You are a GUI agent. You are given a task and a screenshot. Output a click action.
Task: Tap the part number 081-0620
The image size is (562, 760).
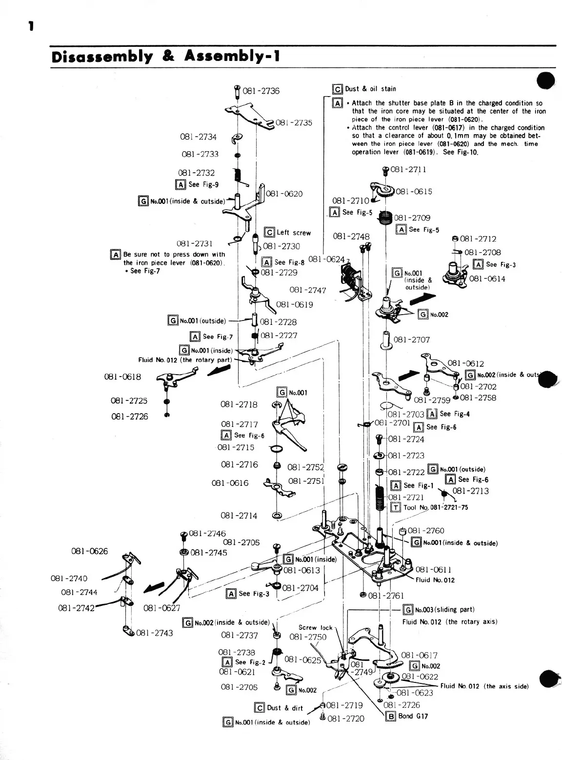[x=284, y=194]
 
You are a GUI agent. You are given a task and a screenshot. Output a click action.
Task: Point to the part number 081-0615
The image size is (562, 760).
[x=414, y=192]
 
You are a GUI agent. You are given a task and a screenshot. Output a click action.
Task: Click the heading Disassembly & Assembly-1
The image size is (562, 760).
[x=165, y=57]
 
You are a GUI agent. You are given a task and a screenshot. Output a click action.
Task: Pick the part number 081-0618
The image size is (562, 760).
[x=122, y=377]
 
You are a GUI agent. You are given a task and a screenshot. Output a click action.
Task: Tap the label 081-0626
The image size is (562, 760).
[x=89, y=551]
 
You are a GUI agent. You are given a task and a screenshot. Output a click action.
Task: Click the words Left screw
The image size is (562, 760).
[x=293, y=233]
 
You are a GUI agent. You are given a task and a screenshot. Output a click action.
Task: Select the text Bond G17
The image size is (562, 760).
[x=413, y=716]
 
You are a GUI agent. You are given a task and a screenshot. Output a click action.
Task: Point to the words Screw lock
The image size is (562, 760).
[x=315, y=627]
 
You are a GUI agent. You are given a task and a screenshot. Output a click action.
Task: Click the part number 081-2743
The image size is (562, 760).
[x=155, y=633]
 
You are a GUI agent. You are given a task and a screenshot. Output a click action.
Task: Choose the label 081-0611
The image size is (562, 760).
[x=433, y=569]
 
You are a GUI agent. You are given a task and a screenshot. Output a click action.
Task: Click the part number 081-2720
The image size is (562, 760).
[x=346, y=719]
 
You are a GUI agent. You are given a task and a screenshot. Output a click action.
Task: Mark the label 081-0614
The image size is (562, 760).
[x=487, y=279]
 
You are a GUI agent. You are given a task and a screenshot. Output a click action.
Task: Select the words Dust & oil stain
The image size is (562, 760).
[x=370, y=89]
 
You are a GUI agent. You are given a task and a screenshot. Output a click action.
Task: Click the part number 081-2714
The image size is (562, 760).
[x=239, y=516]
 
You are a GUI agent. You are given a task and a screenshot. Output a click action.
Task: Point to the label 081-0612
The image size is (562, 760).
[x=465, y=363]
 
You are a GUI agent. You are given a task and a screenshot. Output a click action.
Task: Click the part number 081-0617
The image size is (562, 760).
[x=419, y=656]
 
